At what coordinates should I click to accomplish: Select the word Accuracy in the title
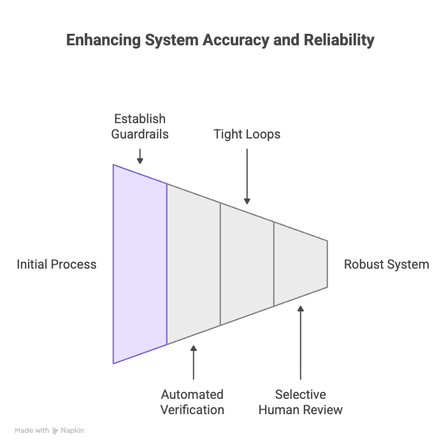[x=241, y=40]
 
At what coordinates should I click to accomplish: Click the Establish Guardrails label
[x=140, y=126]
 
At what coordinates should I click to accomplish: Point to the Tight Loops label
[x=247, y=134]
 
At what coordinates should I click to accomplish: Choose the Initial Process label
[x=57, y=264]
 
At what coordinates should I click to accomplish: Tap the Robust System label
[x=387, y=264]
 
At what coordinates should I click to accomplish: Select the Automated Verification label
[x=192, y=402]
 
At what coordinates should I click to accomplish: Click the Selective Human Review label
[x=300, y=402]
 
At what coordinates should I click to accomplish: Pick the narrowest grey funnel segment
[x=300, y=264]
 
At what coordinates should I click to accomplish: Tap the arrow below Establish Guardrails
[x=140, y=156]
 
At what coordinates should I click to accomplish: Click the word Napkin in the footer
[x=73, y=431]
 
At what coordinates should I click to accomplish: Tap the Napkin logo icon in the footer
[x=56, y=431]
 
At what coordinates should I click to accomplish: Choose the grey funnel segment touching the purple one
[x=194, y=264]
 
